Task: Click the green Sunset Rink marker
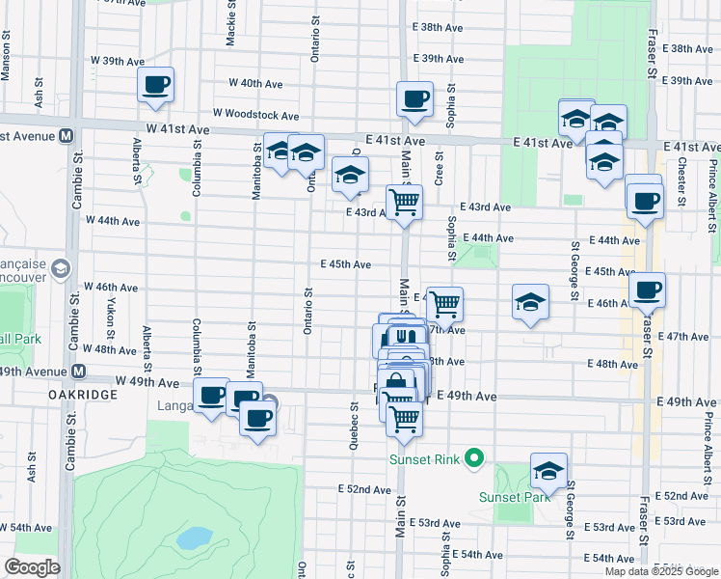(x=473, y=458)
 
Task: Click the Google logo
(x=32, y=567)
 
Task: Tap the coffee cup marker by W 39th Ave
(x=155, y=86)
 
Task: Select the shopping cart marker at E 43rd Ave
(x=404, y=203)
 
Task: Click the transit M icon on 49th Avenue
(x=78, y=372)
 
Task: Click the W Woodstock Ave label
(x=255, y=115)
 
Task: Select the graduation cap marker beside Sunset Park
(x=548, y=472)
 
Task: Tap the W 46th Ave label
(x=111, y=287)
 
